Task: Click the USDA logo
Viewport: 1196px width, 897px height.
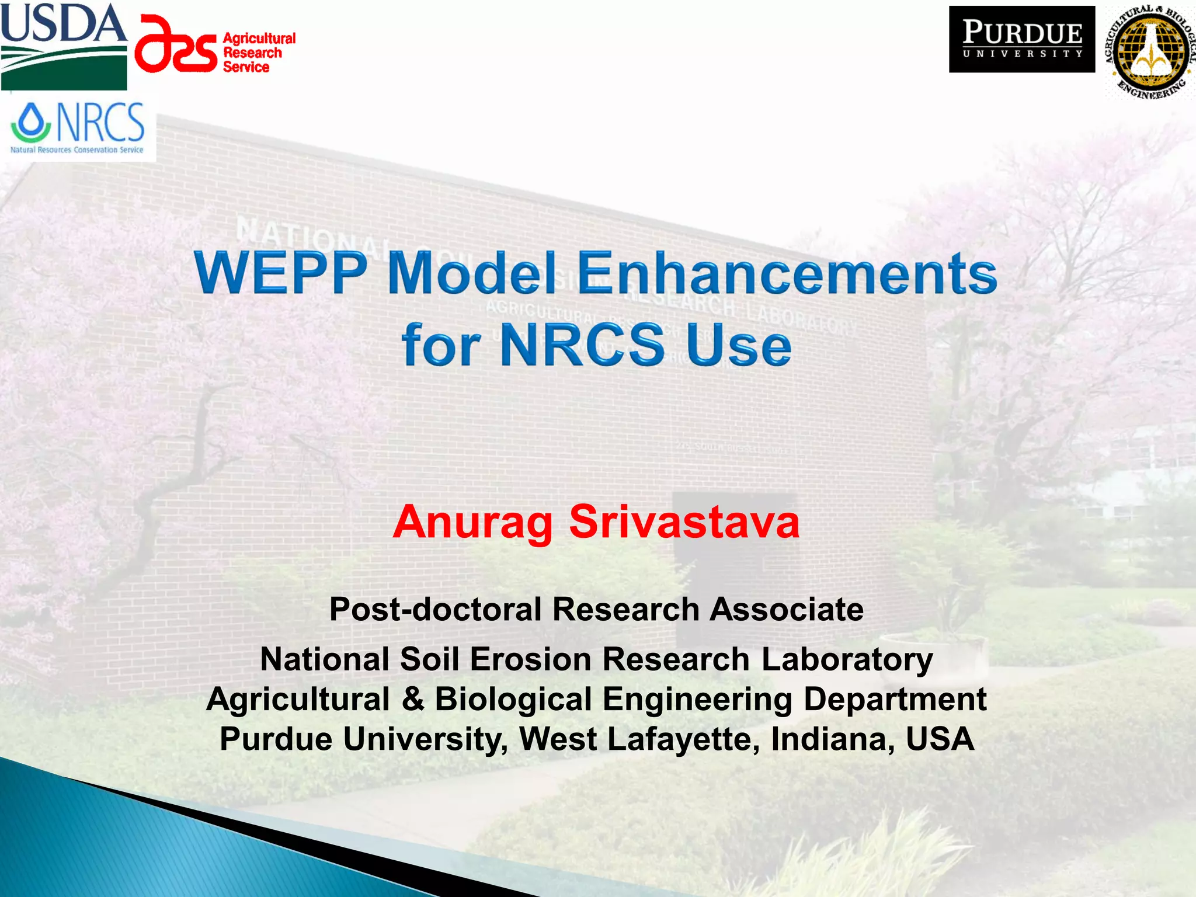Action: (x=64, y=46)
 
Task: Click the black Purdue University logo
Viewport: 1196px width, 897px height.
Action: (x=1021, y=39)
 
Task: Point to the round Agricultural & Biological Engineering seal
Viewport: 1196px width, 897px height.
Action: (x=1149, y=52)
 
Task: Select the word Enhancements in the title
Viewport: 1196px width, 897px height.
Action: (x=787, y=273)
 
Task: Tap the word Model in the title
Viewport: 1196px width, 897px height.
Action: (x=471, y=273)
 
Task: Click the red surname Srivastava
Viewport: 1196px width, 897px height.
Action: (x=684, y=521)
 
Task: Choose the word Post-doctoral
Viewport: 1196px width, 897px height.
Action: (x=436, y=609)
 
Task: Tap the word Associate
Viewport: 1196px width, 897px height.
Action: (x=787, y=609)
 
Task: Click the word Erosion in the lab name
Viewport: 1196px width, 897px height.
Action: (x=531, y=659)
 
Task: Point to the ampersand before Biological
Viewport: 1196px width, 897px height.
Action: (x=413, y=699)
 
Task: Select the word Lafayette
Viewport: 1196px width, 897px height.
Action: (x=683, y=739)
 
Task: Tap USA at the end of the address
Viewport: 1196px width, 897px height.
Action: (x=940, y=739)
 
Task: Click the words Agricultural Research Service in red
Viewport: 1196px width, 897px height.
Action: (x=259, y=53)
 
